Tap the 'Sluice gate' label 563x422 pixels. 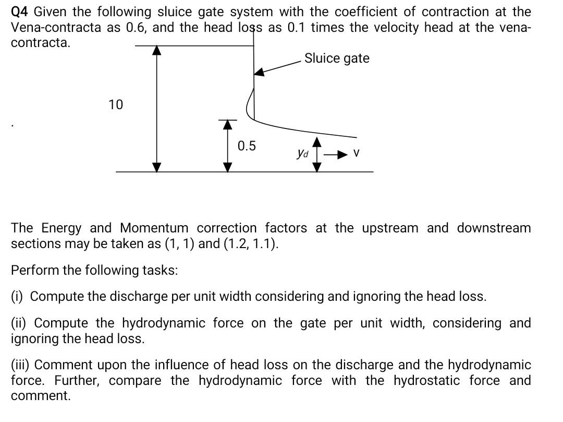337,58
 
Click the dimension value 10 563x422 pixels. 116,105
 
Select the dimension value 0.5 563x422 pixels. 247,146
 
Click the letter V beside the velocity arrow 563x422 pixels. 357,154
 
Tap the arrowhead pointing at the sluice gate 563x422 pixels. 259,73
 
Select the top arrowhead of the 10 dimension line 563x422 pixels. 156,50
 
